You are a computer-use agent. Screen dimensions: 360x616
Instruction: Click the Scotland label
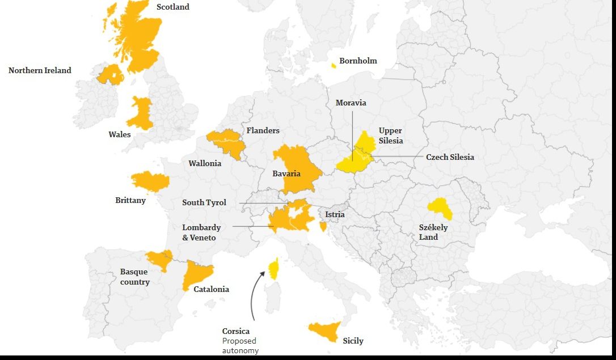172,7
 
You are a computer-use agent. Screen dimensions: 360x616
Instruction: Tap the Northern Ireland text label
40,70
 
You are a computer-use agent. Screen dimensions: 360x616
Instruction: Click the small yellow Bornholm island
334,66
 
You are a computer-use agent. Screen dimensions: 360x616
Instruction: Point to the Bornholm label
358,61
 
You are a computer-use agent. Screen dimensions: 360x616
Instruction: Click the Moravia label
351,103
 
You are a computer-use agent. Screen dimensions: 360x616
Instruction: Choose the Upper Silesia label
390,135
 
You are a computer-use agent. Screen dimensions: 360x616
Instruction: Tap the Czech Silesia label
450,157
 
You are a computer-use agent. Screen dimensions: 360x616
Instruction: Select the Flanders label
263,130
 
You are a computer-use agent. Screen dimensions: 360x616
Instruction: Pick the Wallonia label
205,163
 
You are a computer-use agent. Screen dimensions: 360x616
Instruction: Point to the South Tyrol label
204,202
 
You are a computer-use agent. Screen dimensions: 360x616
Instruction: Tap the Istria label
335,214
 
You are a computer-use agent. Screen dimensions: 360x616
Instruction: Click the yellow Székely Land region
440,209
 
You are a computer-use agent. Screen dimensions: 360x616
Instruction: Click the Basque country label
134,277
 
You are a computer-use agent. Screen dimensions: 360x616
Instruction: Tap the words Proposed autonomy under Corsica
240,346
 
